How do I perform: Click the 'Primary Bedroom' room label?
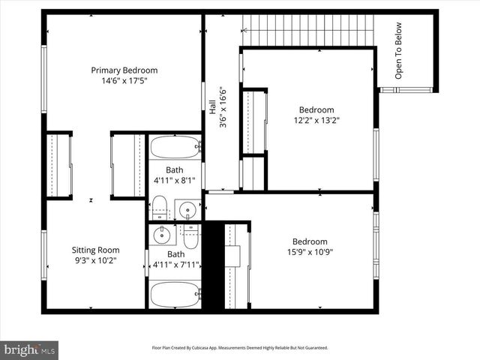124,70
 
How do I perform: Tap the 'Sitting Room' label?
95,250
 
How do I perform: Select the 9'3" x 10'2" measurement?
95,260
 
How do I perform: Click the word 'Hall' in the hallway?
212,109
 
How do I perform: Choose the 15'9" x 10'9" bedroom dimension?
309,252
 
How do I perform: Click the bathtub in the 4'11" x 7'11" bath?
175,293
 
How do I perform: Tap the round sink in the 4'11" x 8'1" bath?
187,209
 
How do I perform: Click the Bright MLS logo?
30,349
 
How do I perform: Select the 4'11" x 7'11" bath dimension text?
175,264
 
